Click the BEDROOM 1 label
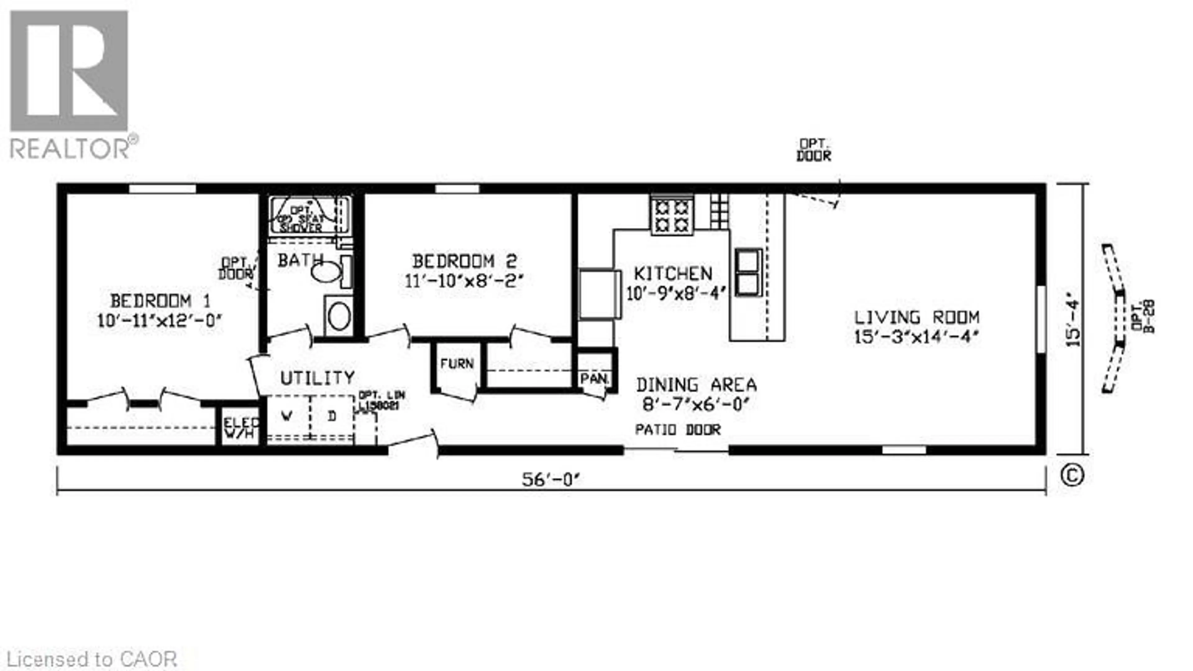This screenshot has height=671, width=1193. pos(160,301)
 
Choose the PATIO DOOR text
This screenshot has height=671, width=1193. pos(678,430)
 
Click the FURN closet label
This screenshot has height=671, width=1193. pos(457,364)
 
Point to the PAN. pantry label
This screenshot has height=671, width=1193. pos(594,379)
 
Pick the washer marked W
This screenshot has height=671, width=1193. pos(287,416)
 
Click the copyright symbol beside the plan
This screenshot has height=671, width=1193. pos(1072,476)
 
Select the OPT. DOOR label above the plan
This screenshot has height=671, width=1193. pos(813,150)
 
